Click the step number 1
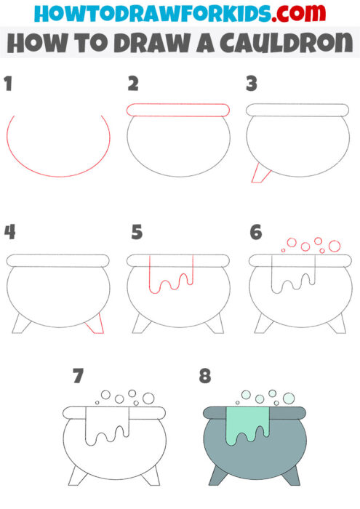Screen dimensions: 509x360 click(8, 85)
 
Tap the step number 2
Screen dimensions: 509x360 click(132, 85)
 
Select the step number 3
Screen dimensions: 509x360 click(252, 85)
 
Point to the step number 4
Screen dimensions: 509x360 click(9, 233)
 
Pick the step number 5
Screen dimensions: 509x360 click(136, 233)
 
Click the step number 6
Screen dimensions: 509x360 click(255, 233)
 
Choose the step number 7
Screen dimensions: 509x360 click(79, 376)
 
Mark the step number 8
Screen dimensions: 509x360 click(206, 376)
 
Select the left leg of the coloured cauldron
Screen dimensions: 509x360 click(219, 476)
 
